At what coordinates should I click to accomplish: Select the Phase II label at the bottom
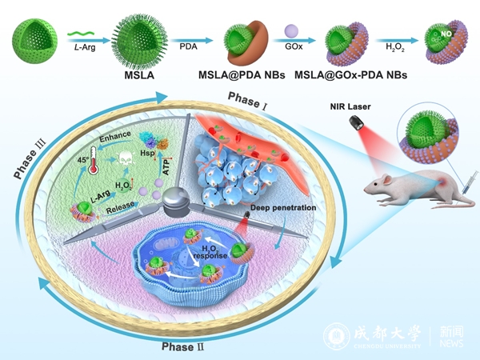[x=185, y=346]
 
